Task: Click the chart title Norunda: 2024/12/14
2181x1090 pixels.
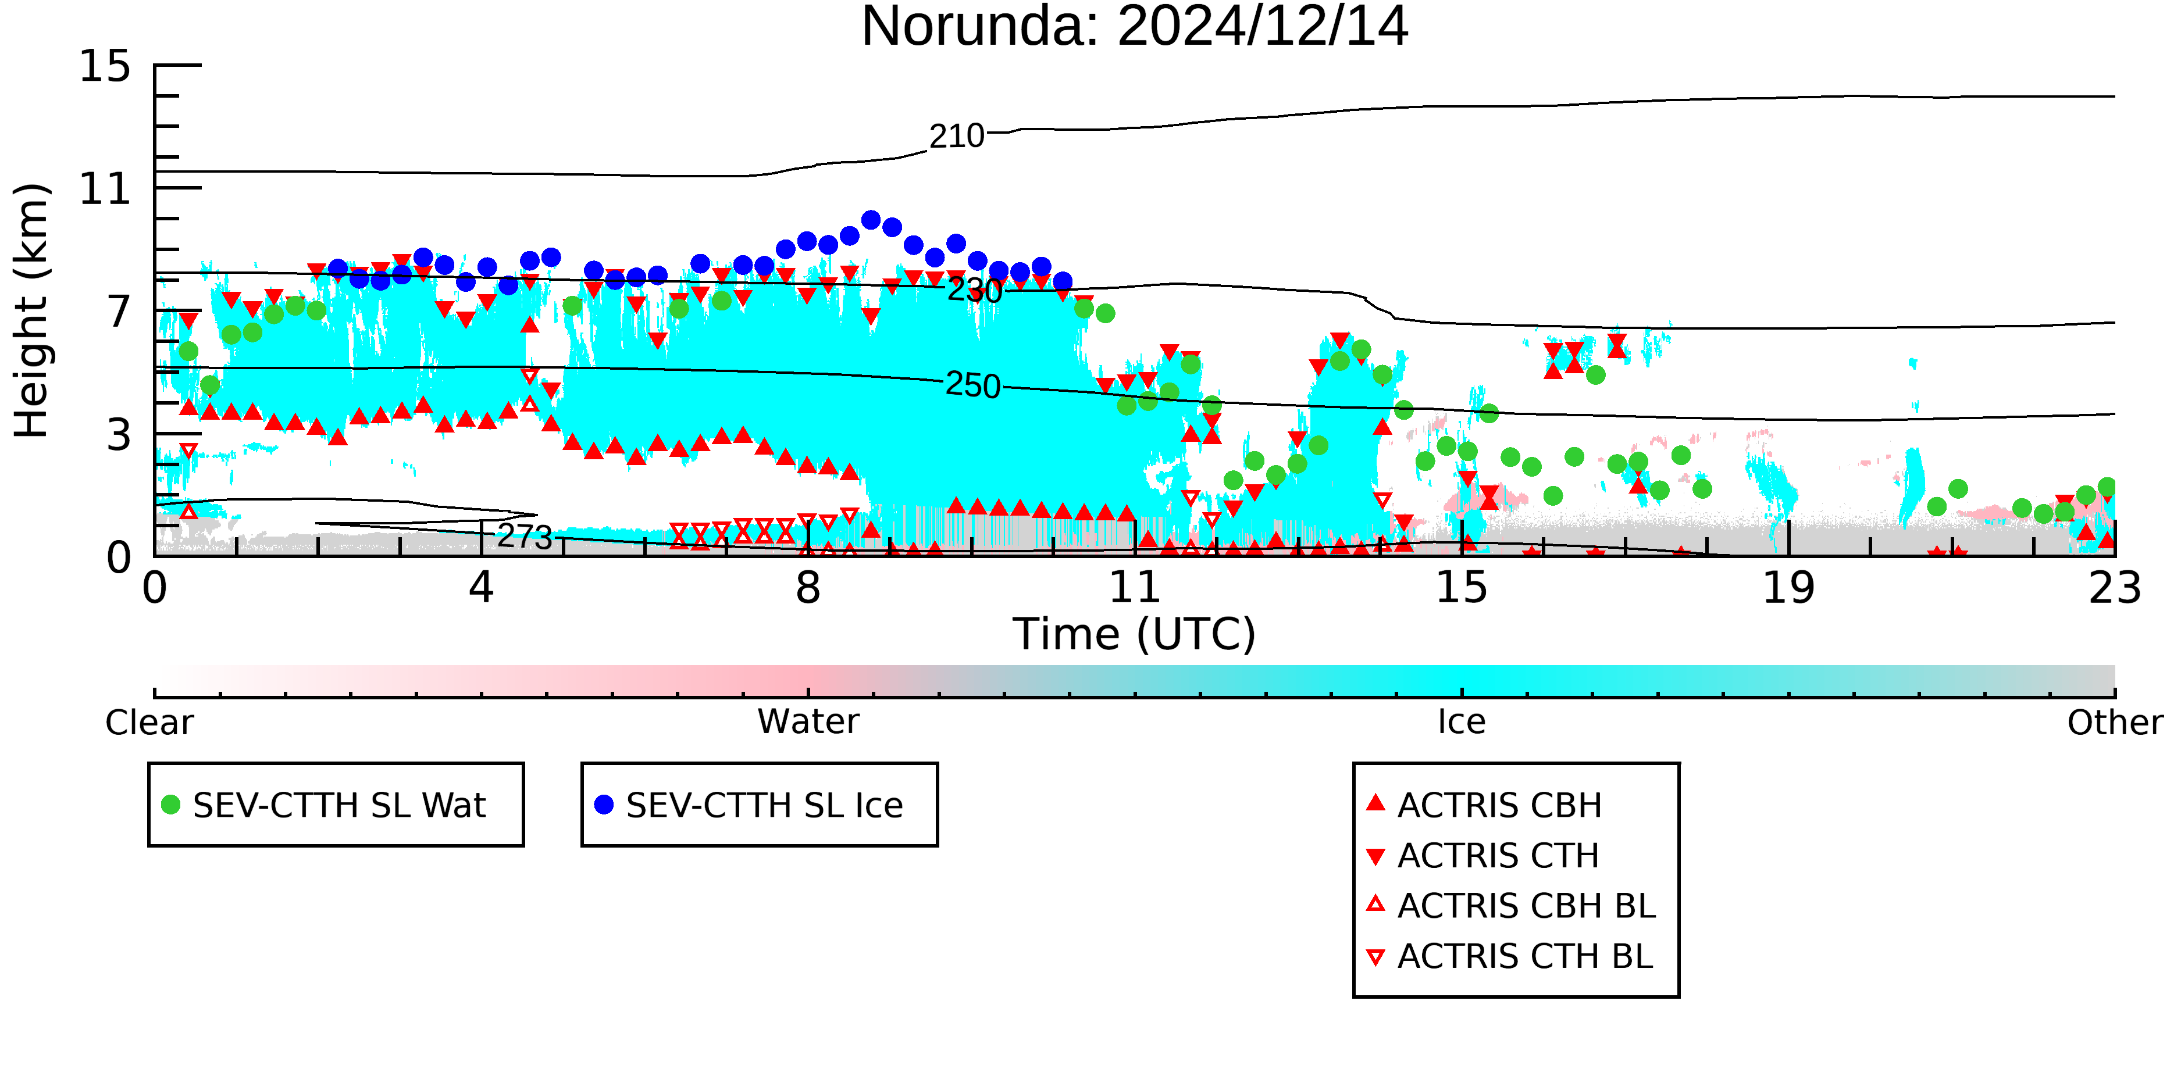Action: pyautogui.click(x=1135, y=27)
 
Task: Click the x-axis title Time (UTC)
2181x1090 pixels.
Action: pyautogui.click(x=1135, y=634)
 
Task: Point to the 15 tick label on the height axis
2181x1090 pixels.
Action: pyautogui.click(x=105, y=66)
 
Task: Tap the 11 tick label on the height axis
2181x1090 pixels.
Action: pyautogui.click(x=105, y=189)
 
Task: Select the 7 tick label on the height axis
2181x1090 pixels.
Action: pyautogui.click(x=119, y=312)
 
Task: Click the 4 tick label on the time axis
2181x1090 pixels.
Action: pyautogui.click(x=482, y=587)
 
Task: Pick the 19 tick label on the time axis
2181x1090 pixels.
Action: pyautogui.click(x=1789, y=587)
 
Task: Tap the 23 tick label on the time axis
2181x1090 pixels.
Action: pyautogui.click(x=2115, y=587)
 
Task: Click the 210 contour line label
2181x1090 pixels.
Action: pyautogui.click(x=957, y=136)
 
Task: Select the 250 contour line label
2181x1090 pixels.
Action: pyautogui.click(x=973, y=385)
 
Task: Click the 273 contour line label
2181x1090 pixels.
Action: pyautogui.click(x=525, y=537)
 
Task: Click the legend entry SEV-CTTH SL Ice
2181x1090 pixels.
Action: pyautogui.click(x=749, y=805)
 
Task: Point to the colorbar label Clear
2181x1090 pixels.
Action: pyautogui.click(x=149, y=723)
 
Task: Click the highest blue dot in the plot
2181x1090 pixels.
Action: pyautogui.click(x=871, y=220)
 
